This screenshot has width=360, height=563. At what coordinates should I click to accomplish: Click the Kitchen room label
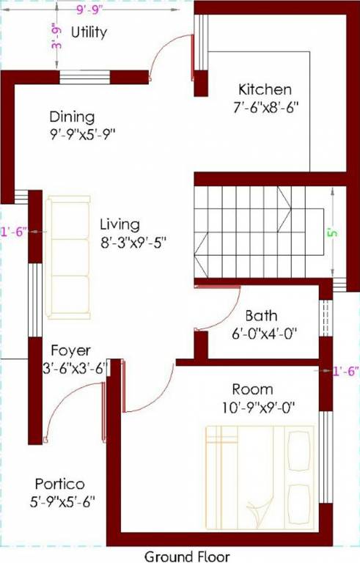[x=265, y=89]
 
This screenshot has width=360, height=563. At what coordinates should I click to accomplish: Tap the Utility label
[x=89, y=32]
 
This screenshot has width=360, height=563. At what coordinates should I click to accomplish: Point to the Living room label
[x=120, y=224]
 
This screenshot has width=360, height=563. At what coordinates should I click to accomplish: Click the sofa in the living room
[x=69, y=256]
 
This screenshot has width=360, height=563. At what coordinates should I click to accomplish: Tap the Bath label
[x=261, y=316]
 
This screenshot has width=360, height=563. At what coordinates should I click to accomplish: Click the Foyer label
[x=70, y=351]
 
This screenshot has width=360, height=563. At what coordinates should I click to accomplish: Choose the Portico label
[x=59, y=485]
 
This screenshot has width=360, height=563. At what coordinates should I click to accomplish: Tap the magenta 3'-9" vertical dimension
[x=54, y=35]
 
